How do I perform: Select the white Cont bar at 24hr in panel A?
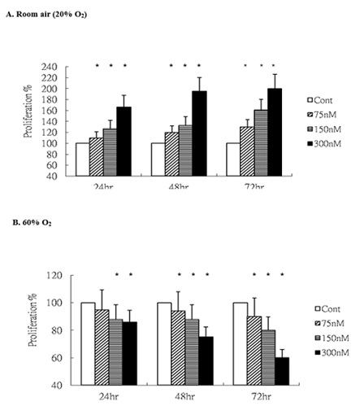[82, 159]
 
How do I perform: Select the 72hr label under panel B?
[259, 397]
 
